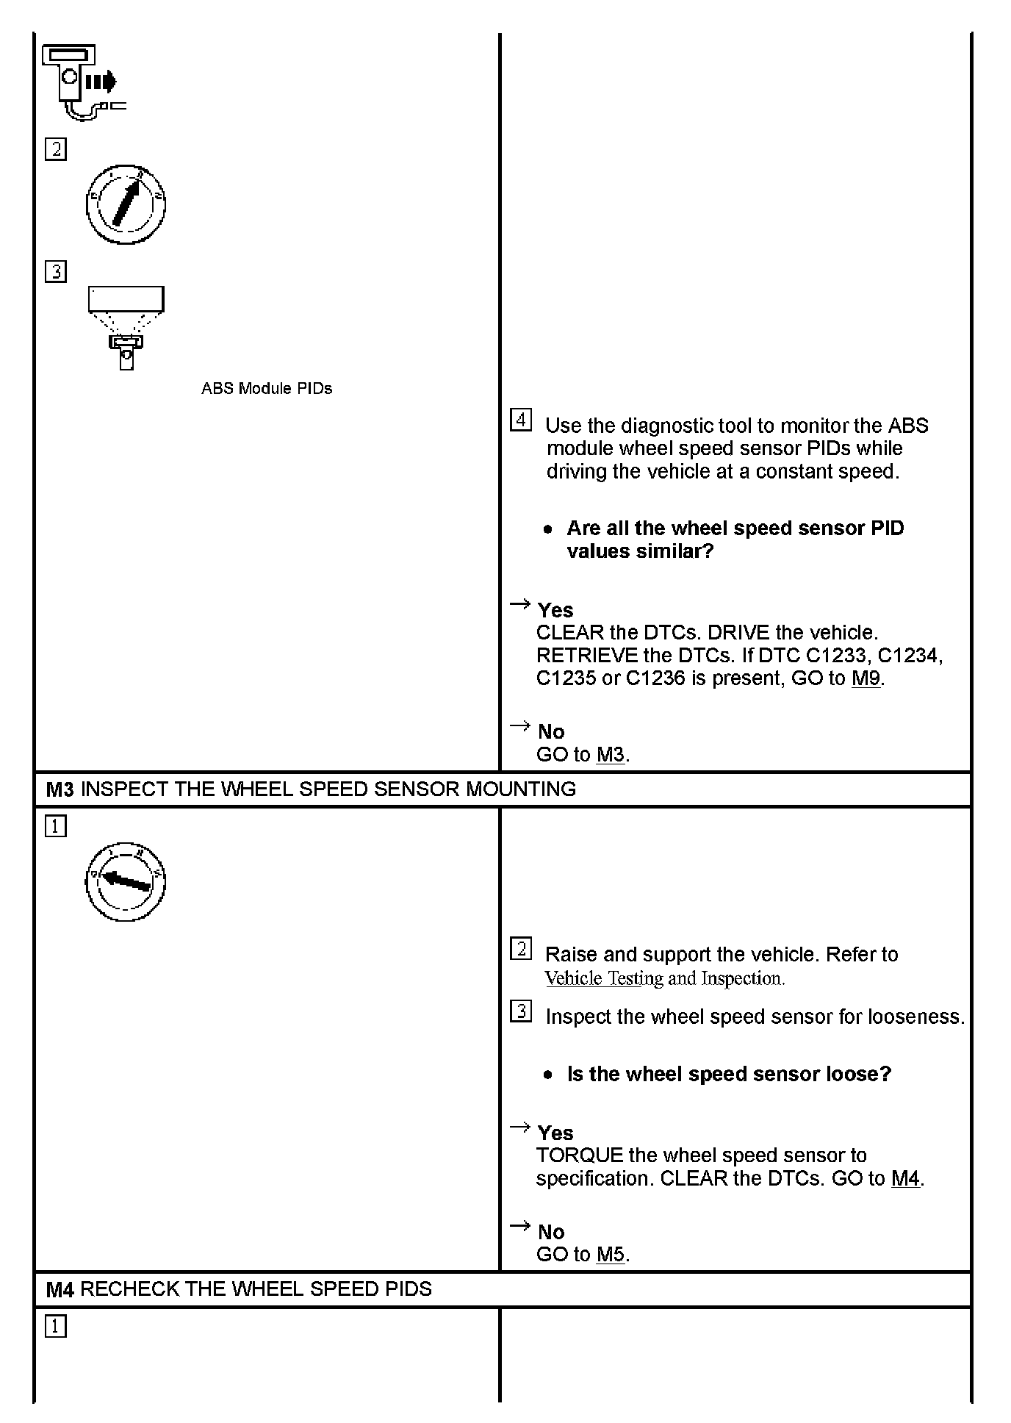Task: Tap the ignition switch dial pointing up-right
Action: pos(126,205)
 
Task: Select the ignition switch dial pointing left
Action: pos(126,881)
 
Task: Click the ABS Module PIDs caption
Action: pos(267,389)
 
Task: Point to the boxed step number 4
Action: pos(520,420)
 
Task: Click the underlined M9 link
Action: pos(866,678)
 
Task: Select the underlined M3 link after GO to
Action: pos(610,755)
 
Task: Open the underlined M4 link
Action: pos(905,1178)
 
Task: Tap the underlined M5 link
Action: pos(610,1254)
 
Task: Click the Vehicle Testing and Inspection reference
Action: pos(664,978)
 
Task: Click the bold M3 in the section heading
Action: pos(60,789)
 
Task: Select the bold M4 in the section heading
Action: pos(60,1289)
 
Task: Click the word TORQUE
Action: pos(579,1155)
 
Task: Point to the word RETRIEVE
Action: pos(586,655)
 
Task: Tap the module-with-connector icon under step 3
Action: pos(126,327)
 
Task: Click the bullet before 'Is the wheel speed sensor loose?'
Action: pos(547,1075)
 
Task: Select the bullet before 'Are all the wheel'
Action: pos(547,528)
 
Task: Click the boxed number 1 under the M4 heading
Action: pos(56,1327)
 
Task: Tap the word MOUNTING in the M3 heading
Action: pos(521,789)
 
